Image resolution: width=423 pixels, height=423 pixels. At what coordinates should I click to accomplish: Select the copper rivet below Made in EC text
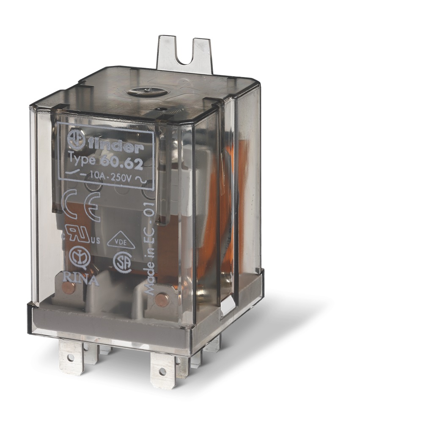pos(161,299)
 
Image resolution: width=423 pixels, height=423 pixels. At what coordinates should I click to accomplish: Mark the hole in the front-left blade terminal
pos(70,357)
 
